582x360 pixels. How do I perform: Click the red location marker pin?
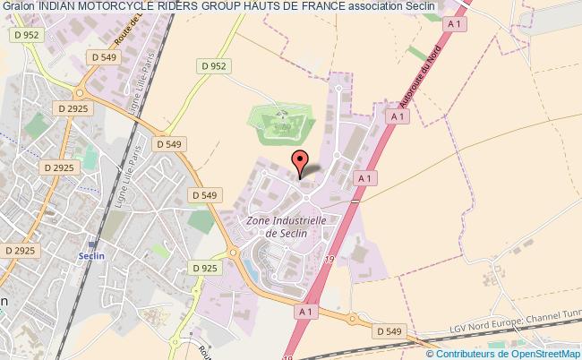299,162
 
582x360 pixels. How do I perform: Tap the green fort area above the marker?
278,125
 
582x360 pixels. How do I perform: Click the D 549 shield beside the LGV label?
389,331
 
